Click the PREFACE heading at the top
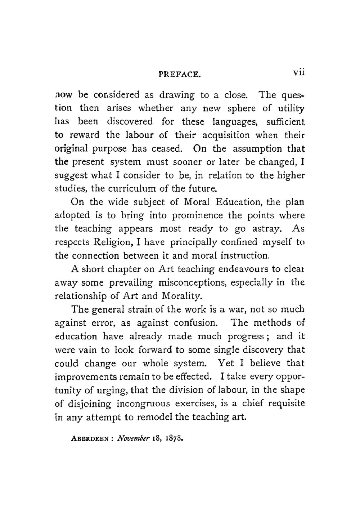(179, 75)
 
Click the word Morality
(182, 296)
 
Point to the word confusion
(195, 323)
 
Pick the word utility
(291, 108)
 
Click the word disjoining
(89, 404)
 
